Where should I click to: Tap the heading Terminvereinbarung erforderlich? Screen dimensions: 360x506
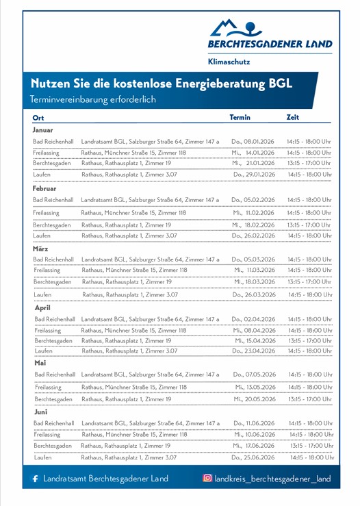tap(93, 99)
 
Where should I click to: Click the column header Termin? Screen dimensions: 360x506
tap(240, 117)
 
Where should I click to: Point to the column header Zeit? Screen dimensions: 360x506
tap(292, 117)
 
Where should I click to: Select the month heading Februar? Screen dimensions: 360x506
tap(44, 188)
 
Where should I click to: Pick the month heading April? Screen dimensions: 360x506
tap(42, 307)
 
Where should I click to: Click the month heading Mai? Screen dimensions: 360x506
tap(40, 363)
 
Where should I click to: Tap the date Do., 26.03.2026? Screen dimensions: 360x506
tap(254, 294)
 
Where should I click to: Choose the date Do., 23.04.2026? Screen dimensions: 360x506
tap(254, 351)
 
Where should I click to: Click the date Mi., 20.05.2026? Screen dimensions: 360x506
tap(255, 399)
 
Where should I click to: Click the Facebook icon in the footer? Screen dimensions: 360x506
tap(35, 478)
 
